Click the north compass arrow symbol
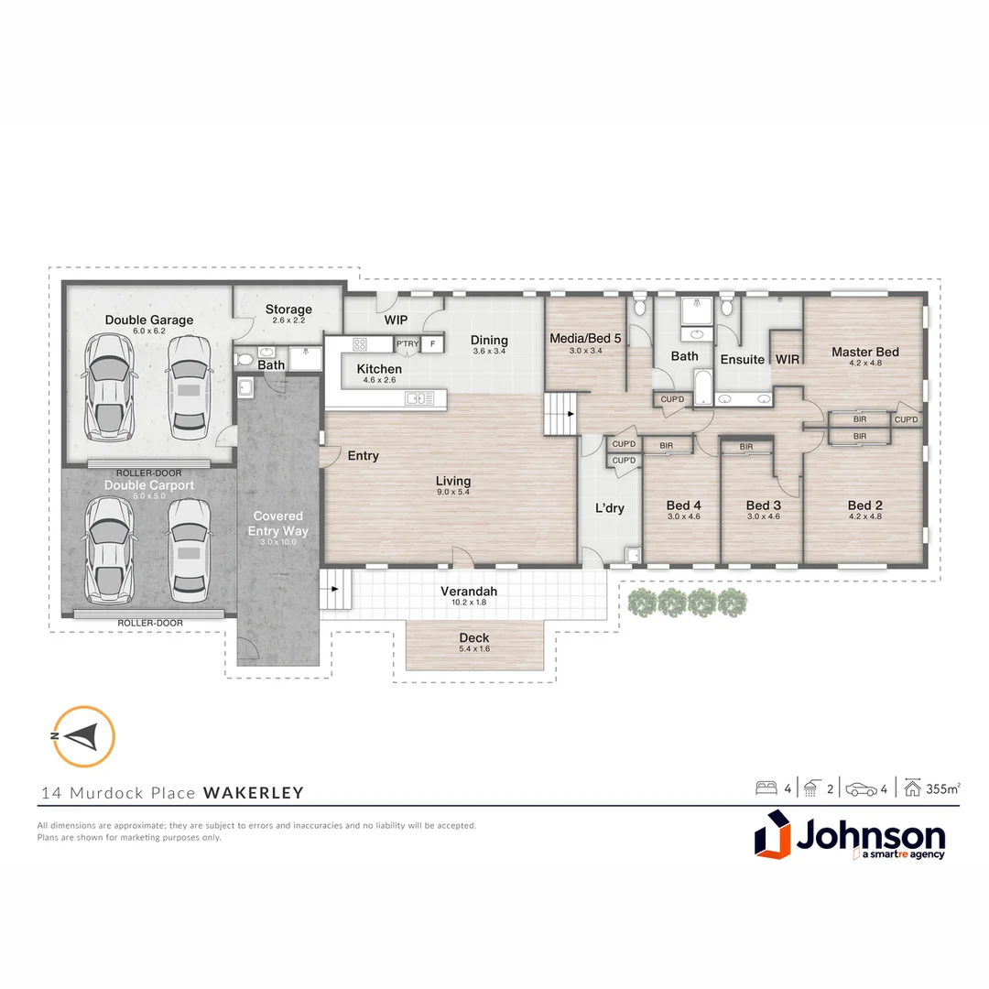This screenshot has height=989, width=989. tap(83, 736)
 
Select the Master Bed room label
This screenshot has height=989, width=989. tap(864, 352)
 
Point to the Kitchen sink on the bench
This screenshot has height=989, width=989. tap(419, 398)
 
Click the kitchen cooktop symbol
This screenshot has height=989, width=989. tap(360, 344)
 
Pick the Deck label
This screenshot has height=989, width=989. tap(473, 637)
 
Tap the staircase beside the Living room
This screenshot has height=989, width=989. tap(560, 414)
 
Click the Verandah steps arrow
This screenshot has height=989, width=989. tap(334, 589)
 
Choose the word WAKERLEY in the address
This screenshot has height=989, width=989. tap(254, 793)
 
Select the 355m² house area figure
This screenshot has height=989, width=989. tap(943, 788)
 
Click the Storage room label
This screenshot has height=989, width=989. tap(288, 310)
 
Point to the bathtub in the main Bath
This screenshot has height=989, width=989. tap(702, 386)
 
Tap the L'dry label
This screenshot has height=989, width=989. tap(609, 507)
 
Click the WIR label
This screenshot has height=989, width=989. tap(788, 359)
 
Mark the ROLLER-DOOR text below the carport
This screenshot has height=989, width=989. tap(150, 624)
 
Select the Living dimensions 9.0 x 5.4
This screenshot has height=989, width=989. tap(453, 492)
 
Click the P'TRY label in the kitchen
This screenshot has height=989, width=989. tap(408, 343)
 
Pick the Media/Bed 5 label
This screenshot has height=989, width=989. tap(584, 338)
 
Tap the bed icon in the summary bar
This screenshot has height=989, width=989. tap(766, 788)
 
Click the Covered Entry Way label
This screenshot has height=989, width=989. tap(277, 524)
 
